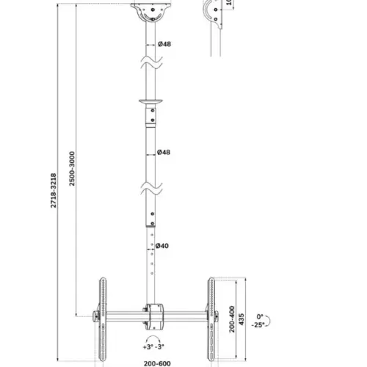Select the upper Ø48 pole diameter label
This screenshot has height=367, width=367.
pyautogui.click(x=167, y=43)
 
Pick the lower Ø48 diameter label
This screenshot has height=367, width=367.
pyautogui.click(x=167, y=153)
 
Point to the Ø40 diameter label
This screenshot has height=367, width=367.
pyautogui.click(x=165, y=246)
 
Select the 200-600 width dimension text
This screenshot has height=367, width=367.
pyautogui.click(x=156, y=362)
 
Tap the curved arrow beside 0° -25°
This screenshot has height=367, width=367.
pyautogui.click(x=270, y=319)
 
